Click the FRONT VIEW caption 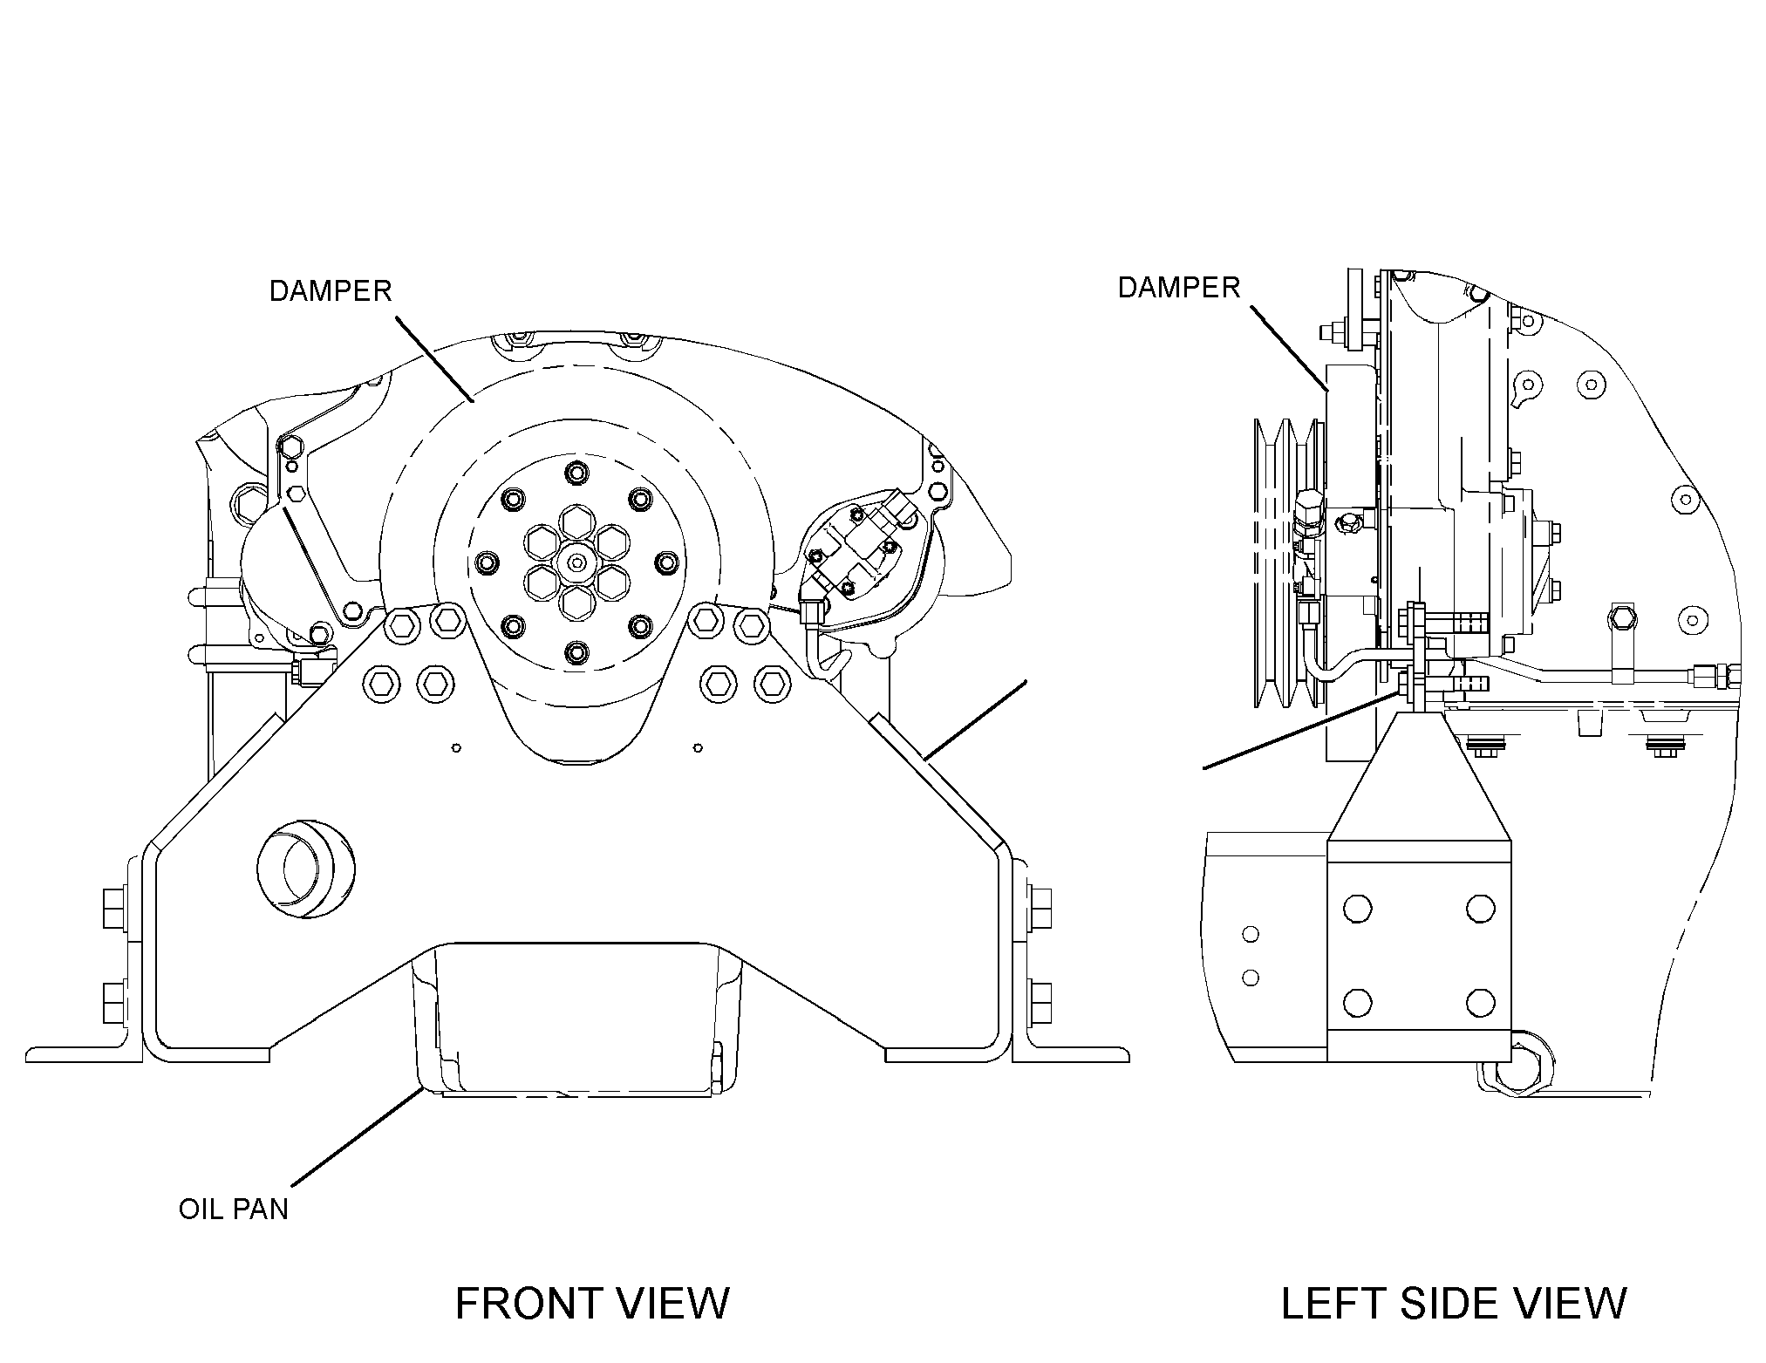click(592, 1304)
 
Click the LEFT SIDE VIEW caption click(1454, 1304)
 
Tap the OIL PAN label click(233, 1210)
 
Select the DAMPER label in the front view click(331, 290)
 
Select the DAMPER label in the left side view click(1179, 287)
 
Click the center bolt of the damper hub click(576, 563)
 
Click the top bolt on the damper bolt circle click(576, 474)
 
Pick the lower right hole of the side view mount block click(1480, 1002)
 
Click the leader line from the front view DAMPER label click(434, 359)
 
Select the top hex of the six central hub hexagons click(576, 523)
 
